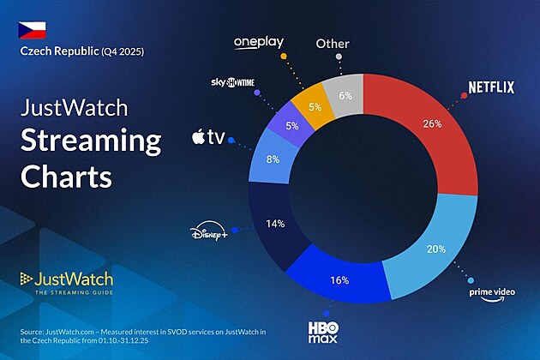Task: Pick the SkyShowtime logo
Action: click(x=232, y=83)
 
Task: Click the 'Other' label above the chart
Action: click(x=332, y=43)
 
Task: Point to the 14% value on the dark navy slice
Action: click(x=274, y=225)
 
